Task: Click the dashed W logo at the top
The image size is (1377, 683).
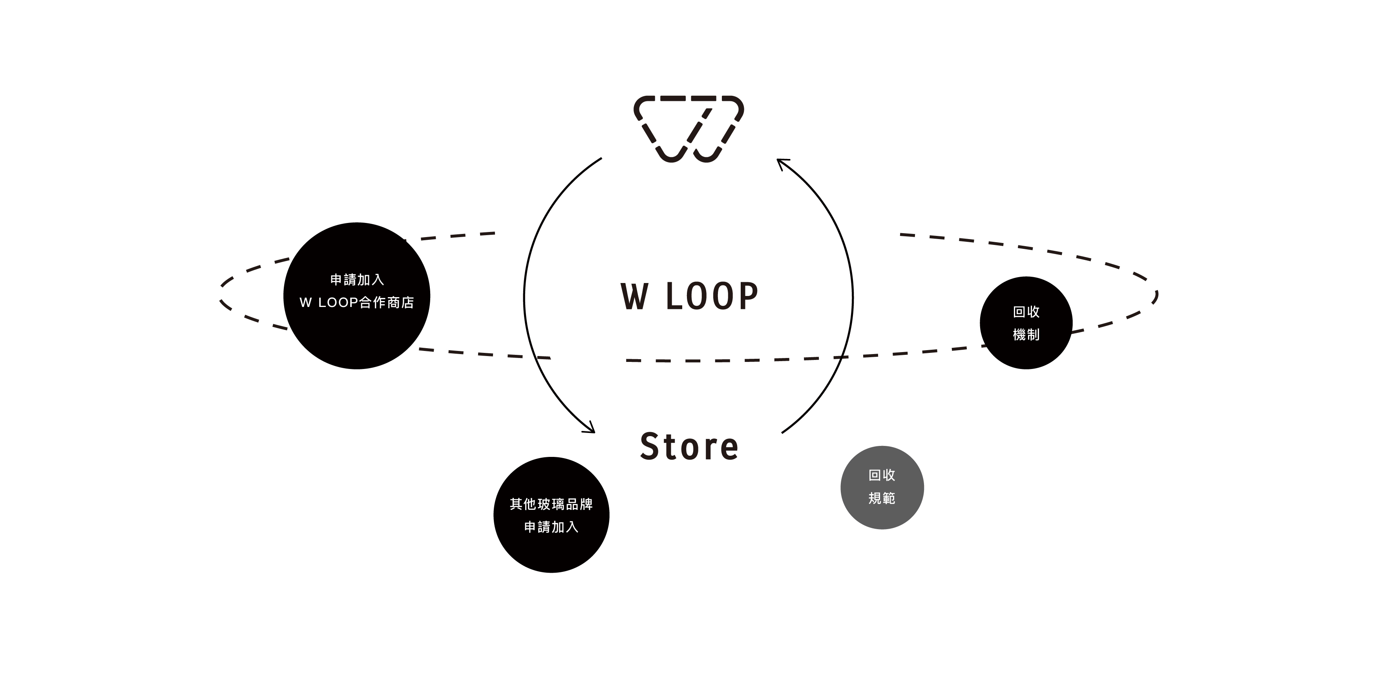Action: point(688,129)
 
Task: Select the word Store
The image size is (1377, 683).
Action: point(689,447)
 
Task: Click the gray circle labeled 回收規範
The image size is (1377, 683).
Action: point(882,488)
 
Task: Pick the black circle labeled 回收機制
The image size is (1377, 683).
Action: point(1026,323)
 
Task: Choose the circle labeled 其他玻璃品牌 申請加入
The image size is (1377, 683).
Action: point(551,515)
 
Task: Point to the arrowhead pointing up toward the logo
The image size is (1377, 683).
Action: point(781,163)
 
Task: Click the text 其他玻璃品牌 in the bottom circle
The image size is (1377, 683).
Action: point(551,504)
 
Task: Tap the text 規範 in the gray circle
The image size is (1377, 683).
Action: point(882,498)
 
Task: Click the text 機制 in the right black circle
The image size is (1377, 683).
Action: point(1026,334)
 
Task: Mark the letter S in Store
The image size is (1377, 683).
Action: point(650,447)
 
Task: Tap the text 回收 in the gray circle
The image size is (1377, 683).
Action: point(882,475)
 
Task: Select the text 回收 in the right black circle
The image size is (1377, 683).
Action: point(1026,312)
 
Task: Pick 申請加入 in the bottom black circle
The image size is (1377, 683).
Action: point(551,527)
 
